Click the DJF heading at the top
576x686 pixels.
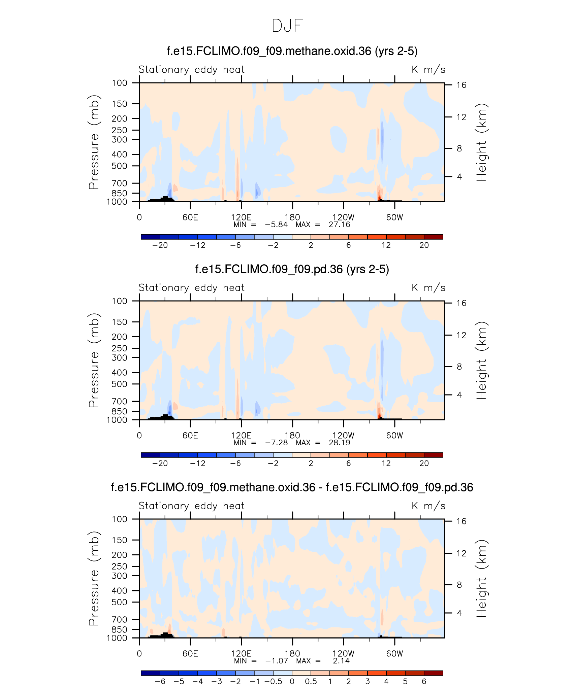click(287, 26)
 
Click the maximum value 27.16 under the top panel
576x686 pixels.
click(339, 225)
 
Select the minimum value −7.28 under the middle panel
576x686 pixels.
click(276, 443)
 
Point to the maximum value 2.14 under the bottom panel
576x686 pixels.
click(341, 661)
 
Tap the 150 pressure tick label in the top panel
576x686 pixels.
click(120, 104)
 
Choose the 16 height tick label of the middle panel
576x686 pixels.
click(461, 303)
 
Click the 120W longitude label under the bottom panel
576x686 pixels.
click(343, 653)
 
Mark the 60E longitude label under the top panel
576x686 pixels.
click(190, 217)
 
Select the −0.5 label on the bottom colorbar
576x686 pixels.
click(274, 682)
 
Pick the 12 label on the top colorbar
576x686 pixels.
click(386, 245)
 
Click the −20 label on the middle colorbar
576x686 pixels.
click(160, 464)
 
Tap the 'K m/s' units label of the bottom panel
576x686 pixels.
click(428, 506)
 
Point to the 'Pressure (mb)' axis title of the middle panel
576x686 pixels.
click(94, 360)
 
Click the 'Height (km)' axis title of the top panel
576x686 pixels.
click(481, 142)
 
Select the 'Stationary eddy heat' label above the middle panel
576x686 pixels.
click(191, 288)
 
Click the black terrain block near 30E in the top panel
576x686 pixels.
click(165, 199)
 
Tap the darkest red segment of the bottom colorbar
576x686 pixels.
click(433, 673)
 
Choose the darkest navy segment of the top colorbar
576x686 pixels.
click(151, 237)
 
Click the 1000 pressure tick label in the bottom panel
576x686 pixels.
click(117, 638)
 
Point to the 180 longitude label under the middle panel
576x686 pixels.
click(292, 435)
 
